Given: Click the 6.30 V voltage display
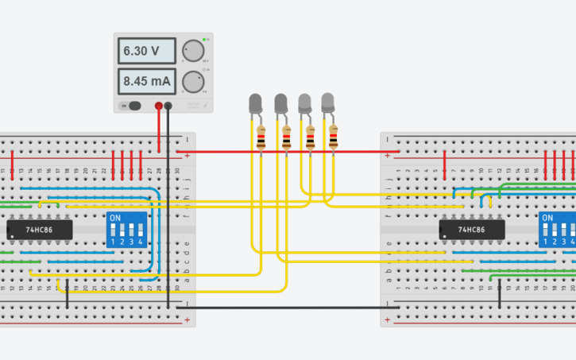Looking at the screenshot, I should pyautogui.click(x=145, y=52).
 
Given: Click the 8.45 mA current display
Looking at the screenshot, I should pyautogui.click(x=145, y=81).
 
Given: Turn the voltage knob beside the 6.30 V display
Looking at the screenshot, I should pyautogui.click(x=191, y=52).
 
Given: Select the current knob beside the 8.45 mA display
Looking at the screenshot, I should pyautogui.click(x=191, y=81).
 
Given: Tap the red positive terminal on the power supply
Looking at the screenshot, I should pyautogui.click(x=159, y=106).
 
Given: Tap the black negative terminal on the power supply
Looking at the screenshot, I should pyautogui.click(x=168, y=106).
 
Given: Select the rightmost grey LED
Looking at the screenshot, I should pyautogui.click(x=327, y=101).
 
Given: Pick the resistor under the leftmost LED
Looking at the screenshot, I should pyautogui.click(x=261, y=141).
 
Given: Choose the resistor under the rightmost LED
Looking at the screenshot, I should pyautogui.click(x=334, y=140).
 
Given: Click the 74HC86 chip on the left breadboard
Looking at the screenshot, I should pyautogui.click(x=39, y=230).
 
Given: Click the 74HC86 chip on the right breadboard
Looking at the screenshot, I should pyautogui.click(x=472, y=230).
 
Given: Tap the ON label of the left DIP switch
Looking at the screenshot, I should pyautogui.click(x=115, y=218).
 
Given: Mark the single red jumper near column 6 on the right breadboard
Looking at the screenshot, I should pyautogui.click(x=444, y=162).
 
